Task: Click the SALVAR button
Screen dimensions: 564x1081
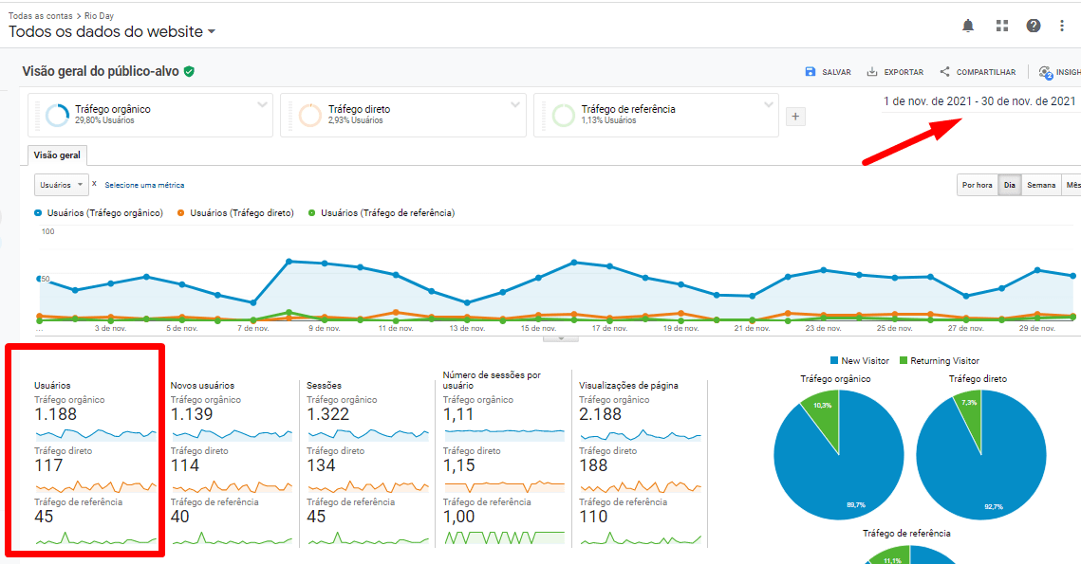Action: pyautogui.click(x=828, y=72)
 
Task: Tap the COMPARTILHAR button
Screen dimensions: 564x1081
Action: pyautogui.click(x=978, y=72)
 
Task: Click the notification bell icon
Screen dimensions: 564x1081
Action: pyautogui.click(x=968, y=26)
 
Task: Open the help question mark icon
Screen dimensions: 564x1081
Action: pyautogui.click(x=1034, y=26)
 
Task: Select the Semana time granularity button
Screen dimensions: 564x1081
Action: pyautogui.click(x=1040, y=185)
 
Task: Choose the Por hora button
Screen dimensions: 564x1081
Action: pyautogui.click(x=977, y=185)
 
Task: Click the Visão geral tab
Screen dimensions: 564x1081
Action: pyautogui.click(x=58, y=155)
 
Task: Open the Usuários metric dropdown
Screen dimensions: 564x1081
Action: pyautogui.click(x=62, y=185)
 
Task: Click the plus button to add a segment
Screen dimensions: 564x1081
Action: pyautogui.click(x=796, y=117)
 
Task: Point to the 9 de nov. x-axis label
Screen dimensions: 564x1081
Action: pyautogui.click(x=324, y=329)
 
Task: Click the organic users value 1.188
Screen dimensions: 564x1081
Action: pyautogui.click(x=55, y=414)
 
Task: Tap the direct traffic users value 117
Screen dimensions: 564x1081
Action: pyautogui.click(x=48, y=465)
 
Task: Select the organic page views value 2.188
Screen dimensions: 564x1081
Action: pyautogui.click(x=600, y=414)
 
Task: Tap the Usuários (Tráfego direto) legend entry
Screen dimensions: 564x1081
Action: pyautogui.click(x=241, y=213)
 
